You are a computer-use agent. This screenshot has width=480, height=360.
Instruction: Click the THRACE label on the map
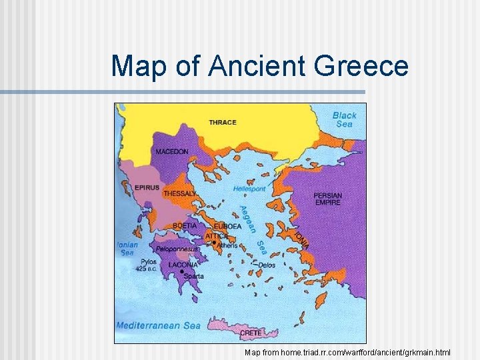[x=222, y=122]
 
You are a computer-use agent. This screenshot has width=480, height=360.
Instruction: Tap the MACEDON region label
[x=172, y=151]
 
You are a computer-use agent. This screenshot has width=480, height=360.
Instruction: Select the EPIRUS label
[x=147, y=188]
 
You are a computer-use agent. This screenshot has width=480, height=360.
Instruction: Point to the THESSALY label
[x=180, y=194]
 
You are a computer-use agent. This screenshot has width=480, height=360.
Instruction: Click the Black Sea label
[x=345, y=119]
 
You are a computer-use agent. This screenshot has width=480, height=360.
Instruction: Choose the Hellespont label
[x=249, y=189]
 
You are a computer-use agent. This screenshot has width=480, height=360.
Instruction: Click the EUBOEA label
[x=227, y=227]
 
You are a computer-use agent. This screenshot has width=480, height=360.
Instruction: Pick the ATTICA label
[x=217, y=236]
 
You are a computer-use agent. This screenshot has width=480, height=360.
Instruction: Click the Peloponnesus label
[x=177, y=249]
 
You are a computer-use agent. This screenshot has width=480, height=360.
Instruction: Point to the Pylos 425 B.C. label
[x=147, y=265]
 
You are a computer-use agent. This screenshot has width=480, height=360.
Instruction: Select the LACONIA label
[x=183, y=265]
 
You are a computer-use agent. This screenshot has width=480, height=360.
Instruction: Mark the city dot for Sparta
[x=182, y=272]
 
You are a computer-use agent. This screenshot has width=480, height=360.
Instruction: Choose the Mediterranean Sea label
[x=159, y=326]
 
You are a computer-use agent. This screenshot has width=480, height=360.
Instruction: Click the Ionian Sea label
[x=126, y=248]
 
